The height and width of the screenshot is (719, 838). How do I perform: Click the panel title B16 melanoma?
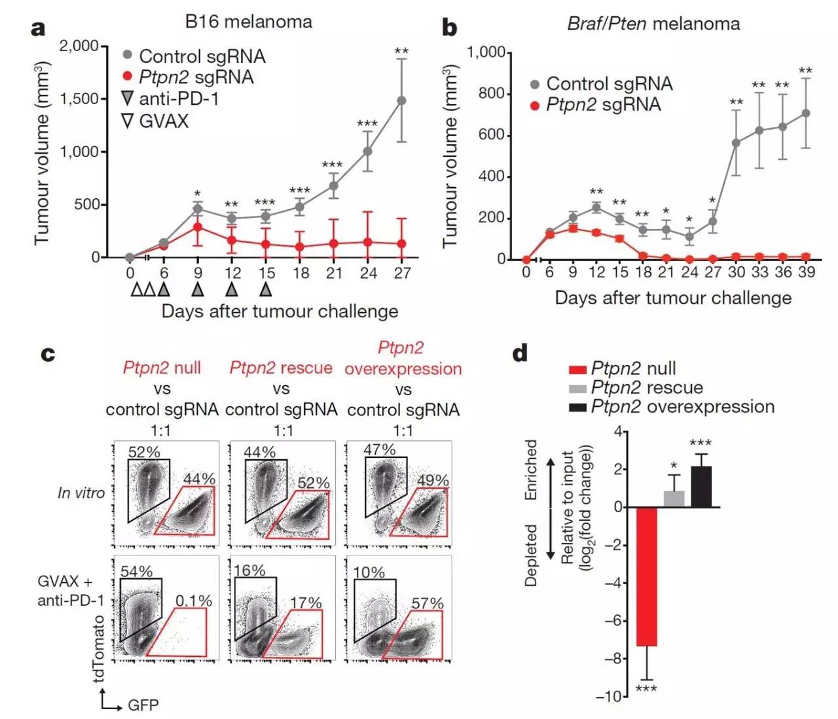(x=248, y=22)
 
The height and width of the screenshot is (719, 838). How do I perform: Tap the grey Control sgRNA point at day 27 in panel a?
(x=401, y=101)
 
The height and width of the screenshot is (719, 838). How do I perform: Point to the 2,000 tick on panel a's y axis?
(x=79, y=46)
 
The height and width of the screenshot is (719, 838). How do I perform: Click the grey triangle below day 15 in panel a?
(x=266, y=289)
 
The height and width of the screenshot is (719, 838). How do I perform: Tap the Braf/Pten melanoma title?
(x=653, y=24)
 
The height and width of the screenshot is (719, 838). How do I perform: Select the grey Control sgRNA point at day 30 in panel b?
(x=736, y=143)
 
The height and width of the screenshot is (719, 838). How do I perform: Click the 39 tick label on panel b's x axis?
(x=806, y=272)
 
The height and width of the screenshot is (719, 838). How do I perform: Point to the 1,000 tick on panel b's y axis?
(x=485, y=52)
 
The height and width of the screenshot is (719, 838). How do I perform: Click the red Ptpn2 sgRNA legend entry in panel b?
(x=602, y=105)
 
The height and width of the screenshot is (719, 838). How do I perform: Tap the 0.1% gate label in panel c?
(x=194, y=601)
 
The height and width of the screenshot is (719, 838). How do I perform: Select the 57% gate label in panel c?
(x=428, y=603)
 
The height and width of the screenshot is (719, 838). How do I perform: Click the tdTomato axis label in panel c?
(x=100, y=648)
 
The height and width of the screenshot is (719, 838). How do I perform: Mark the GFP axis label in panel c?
(x=143, y=705)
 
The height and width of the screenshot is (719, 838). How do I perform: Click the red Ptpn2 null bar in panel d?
(x=647, y=576)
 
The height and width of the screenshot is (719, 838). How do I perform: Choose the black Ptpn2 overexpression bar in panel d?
(x=701, y=487)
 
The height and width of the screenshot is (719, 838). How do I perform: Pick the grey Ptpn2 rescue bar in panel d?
(x=674, y=499)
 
